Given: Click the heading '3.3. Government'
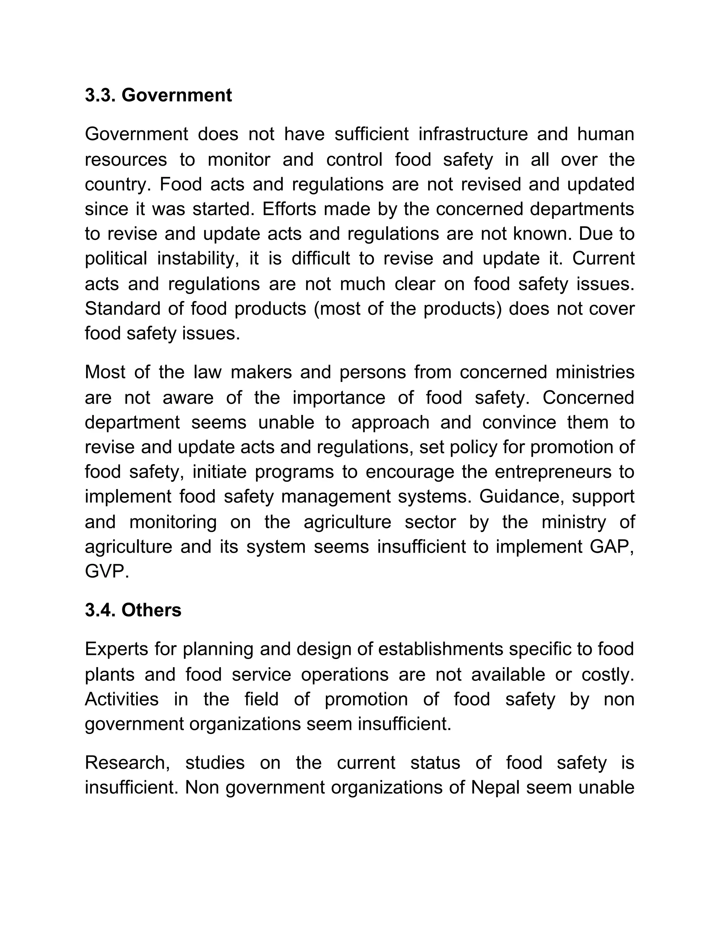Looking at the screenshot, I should [158, 95].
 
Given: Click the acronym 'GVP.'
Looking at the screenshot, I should [107, 572].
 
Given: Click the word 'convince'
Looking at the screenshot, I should [519, 422].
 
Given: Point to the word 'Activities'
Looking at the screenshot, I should [122, 699].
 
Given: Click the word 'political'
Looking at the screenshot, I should [116, 259].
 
